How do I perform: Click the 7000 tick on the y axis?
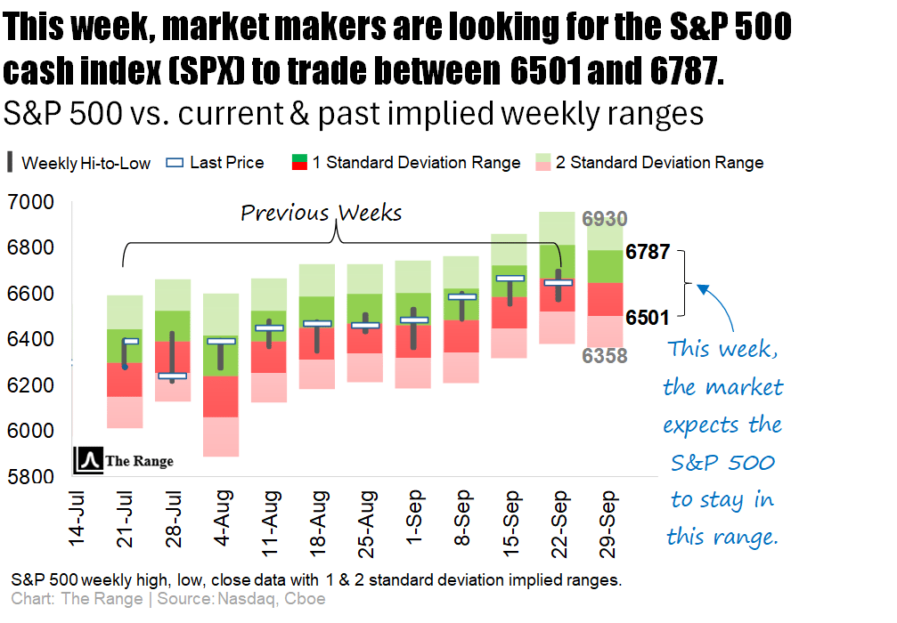[30, 204]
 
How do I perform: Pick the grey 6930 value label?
[605, 219]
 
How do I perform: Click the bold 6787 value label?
[648, 252]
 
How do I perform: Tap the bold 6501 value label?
[648, 316]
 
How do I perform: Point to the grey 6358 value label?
[605, 356]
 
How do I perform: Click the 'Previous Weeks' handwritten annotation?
[322, 214]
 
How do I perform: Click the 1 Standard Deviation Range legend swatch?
[299, 163]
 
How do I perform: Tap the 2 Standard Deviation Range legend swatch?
[542, 163]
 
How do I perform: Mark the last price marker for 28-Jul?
[173, 376]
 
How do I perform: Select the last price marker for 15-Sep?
[510, 279]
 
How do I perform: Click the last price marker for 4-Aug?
[221, 341]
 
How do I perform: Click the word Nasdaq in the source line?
[245, 599]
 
